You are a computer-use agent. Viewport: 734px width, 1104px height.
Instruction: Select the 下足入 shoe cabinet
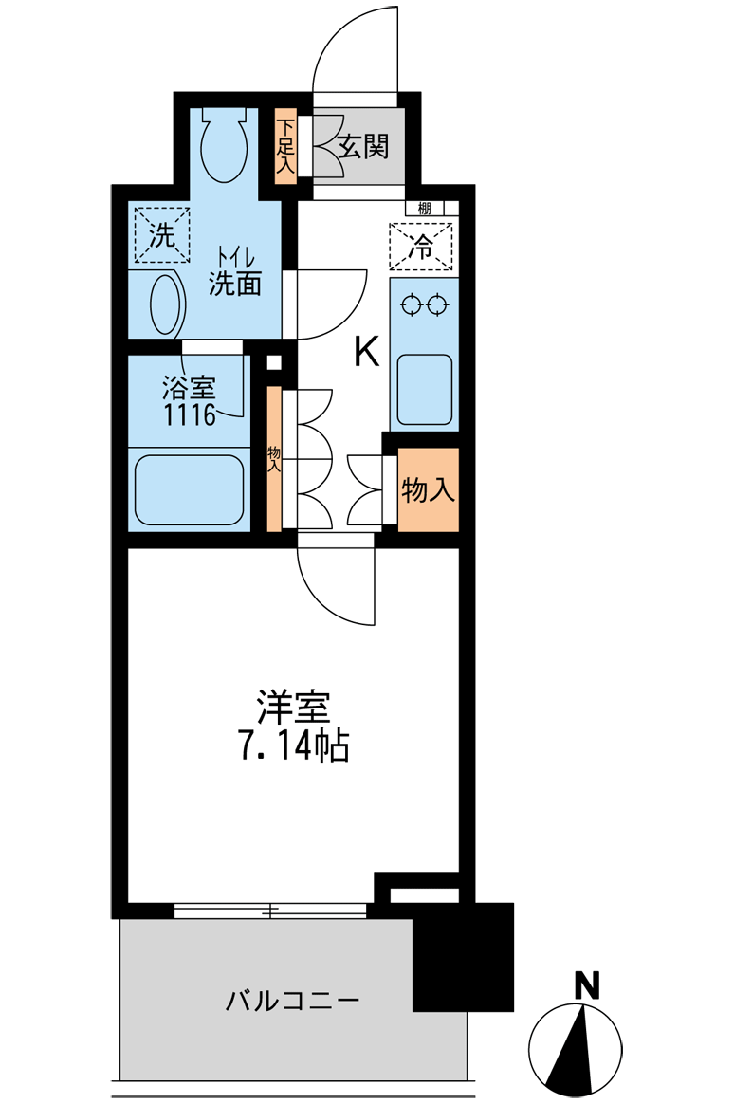[x=285, y=146]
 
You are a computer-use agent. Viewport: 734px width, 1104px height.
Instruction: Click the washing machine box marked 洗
[x=162, y=234]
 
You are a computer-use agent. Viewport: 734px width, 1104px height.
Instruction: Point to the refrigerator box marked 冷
[x=421, y=246]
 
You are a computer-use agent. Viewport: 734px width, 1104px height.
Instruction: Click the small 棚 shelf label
[x=424, y=208]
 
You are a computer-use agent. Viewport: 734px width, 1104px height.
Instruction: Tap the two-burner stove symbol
[x=424, y=305]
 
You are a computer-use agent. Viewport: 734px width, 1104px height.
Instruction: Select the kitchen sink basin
[x=424, y=390]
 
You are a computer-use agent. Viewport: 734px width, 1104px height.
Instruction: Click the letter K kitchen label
[x=367, y=351]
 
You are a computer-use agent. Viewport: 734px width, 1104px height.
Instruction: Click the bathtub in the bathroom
[x=189, y=489]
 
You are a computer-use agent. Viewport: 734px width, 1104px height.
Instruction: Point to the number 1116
[x=190, y=414]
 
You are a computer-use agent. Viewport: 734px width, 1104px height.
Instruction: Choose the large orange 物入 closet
[x=428, y=489]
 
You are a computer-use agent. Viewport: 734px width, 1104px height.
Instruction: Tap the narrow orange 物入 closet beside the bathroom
[x=274, y=458]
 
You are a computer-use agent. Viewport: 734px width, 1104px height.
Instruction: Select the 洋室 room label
[x=294, y=707]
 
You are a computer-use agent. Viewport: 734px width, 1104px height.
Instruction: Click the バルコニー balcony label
[x=292, y=1001]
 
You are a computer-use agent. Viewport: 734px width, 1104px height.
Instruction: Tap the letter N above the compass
[x=587, y=985]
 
